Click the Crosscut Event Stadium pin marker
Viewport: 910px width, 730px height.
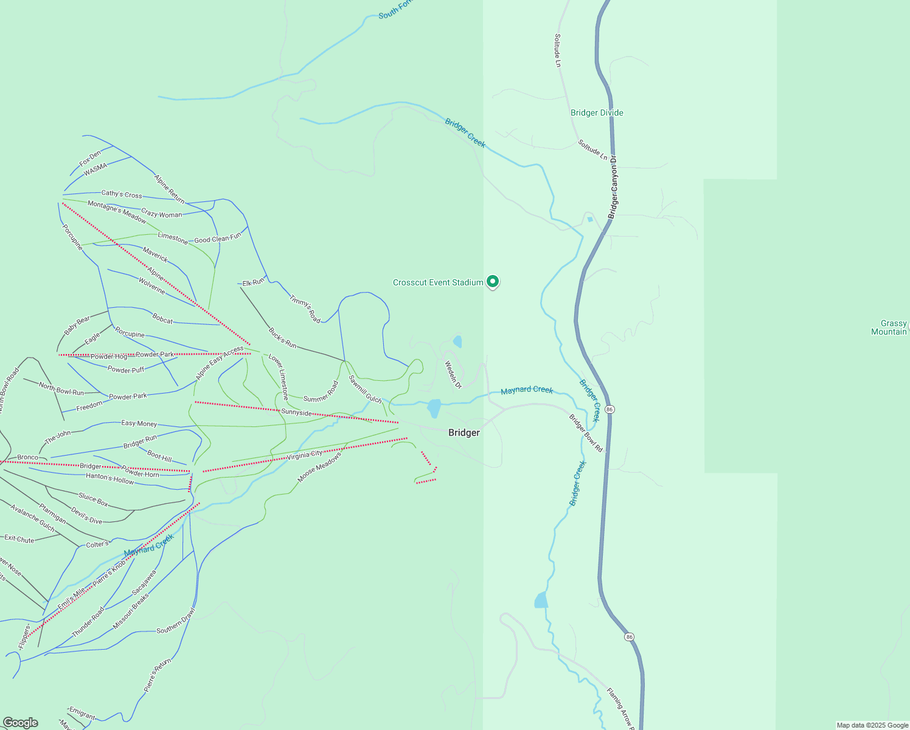(493, 282)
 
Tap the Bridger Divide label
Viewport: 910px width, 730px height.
(597, 113)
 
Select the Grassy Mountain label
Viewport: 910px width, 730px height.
(890, 327)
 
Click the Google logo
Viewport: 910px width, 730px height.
(20, 723)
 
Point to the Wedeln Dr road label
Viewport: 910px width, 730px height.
(453, 375)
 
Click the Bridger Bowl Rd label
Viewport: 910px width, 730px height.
(586, 433)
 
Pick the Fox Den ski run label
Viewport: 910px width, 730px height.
(90, 159)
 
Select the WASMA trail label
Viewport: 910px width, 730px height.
(96, 169)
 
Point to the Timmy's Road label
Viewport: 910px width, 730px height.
(305, 309)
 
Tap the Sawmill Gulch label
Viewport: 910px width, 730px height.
(365, 389)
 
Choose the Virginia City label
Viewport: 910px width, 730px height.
(305, 454)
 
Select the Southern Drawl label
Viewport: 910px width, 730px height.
(176, 621)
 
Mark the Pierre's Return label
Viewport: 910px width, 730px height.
(158, 675)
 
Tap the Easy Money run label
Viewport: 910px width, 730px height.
(139, 423)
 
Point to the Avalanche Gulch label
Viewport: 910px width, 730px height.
(33, 518)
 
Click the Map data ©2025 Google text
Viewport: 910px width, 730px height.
(872, 725)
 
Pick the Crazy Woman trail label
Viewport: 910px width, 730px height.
(161, 214)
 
